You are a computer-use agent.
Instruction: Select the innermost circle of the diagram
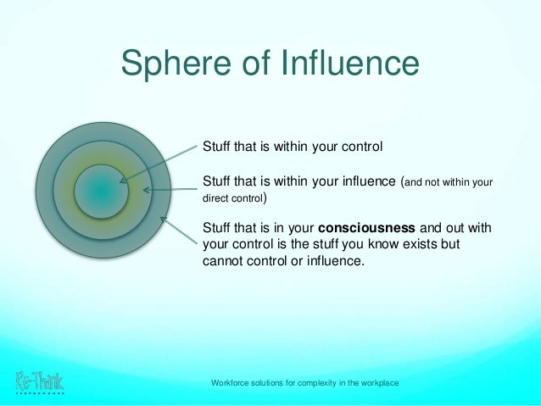[x=101, y=192]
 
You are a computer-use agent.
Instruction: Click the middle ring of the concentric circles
[x=101, y=155]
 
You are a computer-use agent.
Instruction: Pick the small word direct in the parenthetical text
[x=216, y=202]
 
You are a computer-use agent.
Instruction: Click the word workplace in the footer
[x=378, y=384]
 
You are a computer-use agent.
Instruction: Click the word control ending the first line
[x=361, y=147]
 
